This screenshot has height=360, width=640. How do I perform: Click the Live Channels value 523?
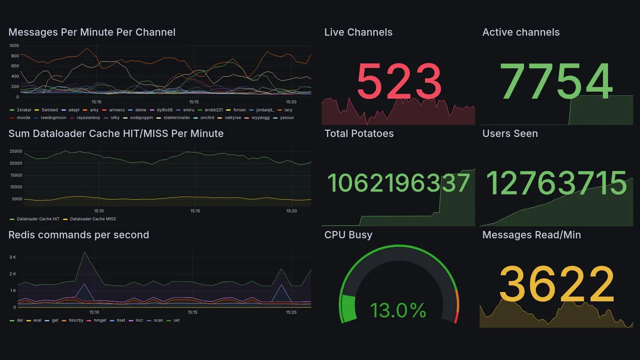pyautogui.click(x=398, y=82)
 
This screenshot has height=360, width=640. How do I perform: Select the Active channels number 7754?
pyautogui.click(x=556, y=82)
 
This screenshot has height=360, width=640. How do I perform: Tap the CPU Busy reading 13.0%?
pyautogui.click(x=398, y=310)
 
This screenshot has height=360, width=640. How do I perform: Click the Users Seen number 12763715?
pyautogui.click(x=556, y=183)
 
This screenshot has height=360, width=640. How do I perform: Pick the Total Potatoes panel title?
pyautogui.click(x=359, y=133)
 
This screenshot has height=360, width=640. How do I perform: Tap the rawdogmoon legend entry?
pyautogui.click(x=50, y=118)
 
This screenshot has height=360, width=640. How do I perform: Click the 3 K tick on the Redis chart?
pyautogui.click(x=13, y=257)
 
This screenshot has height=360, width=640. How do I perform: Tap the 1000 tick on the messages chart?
pyautogui.click(x=14, y=45)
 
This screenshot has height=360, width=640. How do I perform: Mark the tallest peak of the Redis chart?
pyautogui.click(x=84, y=252)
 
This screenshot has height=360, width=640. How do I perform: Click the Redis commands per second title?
pyautogui.click(x=78, y=235)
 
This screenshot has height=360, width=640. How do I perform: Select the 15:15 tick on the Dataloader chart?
pyautogui.click(x=195, y=211)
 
